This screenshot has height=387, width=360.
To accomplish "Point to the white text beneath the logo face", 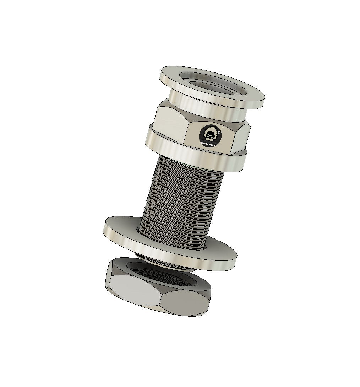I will (x=211, y=145).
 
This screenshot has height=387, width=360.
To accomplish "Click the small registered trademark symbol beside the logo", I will (x=219, y=133).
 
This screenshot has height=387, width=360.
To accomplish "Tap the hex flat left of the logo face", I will (x=170, y=124).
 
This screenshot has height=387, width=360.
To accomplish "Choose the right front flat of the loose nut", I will (x=185, y=302).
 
